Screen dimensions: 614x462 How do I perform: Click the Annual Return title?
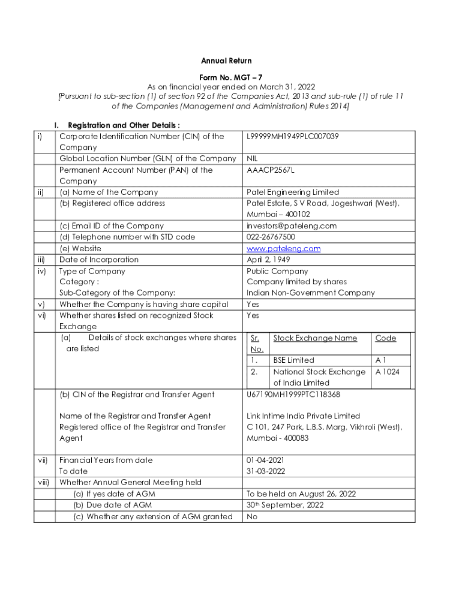pos(226,61)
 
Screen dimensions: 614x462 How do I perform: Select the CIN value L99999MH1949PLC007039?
pos(293,137)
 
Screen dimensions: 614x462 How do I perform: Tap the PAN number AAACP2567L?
pos(271,170)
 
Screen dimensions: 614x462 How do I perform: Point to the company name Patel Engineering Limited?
pos(293,192)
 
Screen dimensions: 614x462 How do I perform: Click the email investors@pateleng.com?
pos(292,226)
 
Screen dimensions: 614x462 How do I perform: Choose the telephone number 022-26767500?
pos(271,237)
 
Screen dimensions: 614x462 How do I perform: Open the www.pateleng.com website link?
pos(284,248)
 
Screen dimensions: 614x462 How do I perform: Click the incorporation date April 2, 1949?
pos(269,260)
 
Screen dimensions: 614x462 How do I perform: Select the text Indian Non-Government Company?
pos(310,293)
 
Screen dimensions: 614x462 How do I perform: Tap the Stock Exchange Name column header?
pos(315,338)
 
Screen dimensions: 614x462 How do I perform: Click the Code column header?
pos(385,338)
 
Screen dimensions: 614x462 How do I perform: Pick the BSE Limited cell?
pos(293,360)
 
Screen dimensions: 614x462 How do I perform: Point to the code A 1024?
pos(387,372)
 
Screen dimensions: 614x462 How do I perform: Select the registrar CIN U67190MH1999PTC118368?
pos(293,395)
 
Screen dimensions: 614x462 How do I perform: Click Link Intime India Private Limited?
pos(303,416)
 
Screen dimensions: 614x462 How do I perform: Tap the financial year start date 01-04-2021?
pos(266,460)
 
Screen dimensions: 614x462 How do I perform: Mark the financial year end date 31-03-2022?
pos(266,471)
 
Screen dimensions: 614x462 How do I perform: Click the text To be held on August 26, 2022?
pos(301,494)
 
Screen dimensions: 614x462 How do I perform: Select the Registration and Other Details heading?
pos(124,125)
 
